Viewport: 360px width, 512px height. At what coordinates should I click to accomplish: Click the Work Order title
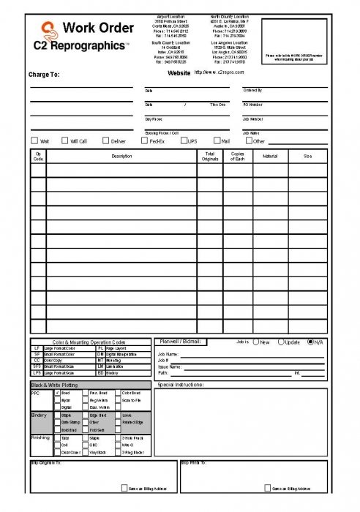[99, 29]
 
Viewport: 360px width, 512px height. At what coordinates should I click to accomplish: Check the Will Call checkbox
[64, 140]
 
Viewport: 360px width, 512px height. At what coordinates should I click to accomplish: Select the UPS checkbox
[183, 140]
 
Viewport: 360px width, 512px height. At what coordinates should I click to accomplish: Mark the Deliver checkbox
[105, 140]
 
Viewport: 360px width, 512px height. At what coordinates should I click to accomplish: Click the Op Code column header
[38, 156]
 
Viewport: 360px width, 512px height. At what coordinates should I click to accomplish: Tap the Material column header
[270, 156]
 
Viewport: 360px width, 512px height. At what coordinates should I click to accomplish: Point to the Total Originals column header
[210, 156]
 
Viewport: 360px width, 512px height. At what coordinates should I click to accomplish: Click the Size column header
[307, 156]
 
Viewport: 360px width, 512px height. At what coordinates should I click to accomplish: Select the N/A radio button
[312, 342]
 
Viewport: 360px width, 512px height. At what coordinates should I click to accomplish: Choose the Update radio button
[281, 342]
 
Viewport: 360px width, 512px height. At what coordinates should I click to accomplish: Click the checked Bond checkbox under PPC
[57, 393]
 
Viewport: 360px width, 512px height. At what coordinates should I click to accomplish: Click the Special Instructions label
[180, 384]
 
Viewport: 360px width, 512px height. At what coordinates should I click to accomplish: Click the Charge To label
[44, 75]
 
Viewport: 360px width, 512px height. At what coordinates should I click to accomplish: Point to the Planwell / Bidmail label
[179, 342]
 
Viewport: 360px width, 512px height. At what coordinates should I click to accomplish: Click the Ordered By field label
[252, 91]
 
